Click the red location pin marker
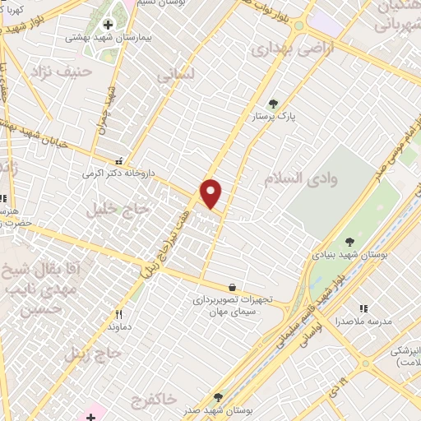click(x=212, y=194)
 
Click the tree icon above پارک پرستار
click(x=274, y=104)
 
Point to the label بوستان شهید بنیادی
click(x=341, y=256)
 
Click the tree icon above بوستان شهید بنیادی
click(x=350, y=242)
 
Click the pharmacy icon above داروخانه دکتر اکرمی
click(x=120, y=161)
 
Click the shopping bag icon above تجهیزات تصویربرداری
click(x=234, y=288)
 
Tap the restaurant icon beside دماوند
click(x=119, y=314)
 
